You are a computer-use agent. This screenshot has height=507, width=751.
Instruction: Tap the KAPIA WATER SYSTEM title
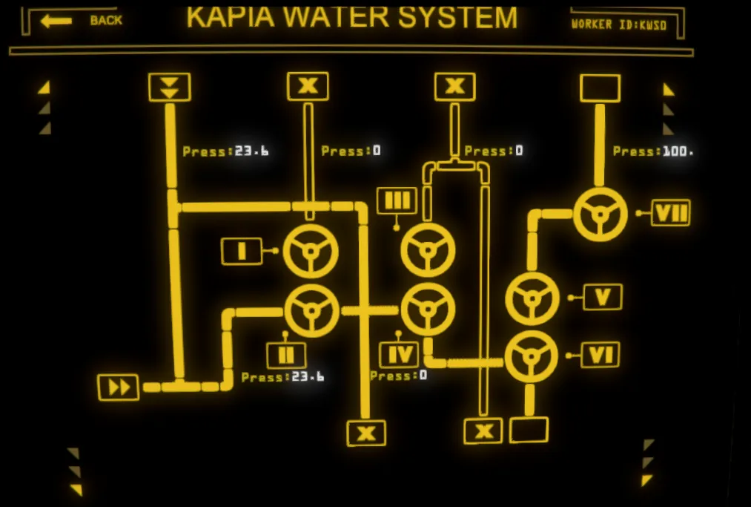[351, 17]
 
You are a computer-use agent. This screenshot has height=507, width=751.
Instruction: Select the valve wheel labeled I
[311, 251]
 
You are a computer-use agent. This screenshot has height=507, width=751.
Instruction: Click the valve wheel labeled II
[311, 310]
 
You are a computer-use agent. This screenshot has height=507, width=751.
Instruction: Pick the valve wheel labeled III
[428, 251]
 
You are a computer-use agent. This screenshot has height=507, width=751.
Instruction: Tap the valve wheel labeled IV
[428, 309]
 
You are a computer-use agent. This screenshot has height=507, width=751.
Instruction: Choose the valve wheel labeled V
[532, 298]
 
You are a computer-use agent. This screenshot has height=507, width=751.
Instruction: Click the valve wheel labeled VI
[531, 356]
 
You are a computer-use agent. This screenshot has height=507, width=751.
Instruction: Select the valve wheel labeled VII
[601, 215]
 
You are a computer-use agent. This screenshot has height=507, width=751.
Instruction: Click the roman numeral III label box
[397, 200]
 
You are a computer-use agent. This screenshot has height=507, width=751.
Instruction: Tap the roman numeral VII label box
[671, 213]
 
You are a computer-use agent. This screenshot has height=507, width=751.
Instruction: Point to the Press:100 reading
[653, 151]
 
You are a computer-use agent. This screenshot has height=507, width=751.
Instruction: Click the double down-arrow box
[170, 88]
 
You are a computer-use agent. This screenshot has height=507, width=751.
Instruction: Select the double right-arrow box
[119, 387]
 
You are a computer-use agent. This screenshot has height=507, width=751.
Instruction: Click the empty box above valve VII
[600, 88]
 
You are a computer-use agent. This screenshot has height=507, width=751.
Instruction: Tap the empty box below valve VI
[529, 430]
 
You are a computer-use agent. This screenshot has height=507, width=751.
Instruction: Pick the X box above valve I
[308, 86]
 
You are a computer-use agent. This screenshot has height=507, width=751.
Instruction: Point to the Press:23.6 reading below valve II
[282, 377]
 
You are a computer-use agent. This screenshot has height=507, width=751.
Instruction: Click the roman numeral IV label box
[399, 355]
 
